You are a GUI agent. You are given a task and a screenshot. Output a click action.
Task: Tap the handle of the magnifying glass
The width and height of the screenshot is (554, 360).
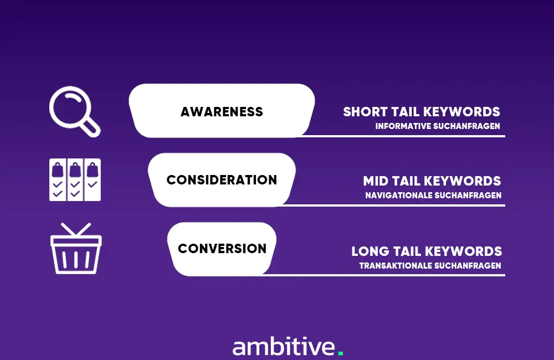(90, 127)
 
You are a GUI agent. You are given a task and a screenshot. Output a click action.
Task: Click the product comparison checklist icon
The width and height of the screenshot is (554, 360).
(75, 180)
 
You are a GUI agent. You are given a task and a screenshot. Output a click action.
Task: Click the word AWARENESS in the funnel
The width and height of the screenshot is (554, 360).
(222, 112)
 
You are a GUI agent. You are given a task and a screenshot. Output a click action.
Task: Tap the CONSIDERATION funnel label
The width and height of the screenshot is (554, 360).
(222, 180)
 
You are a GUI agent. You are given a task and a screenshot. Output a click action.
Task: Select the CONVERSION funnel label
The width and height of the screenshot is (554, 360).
(222, 248)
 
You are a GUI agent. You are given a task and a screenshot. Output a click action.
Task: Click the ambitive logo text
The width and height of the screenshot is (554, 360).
(284, 347)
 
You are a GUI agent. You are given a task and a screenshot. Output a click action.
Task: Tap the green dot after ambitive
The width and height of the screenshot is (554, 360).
(341, 353)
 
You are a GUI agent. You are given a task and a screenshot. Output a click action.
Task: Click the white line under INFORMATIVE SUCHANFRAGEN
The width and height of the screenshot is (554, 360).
(403, 136)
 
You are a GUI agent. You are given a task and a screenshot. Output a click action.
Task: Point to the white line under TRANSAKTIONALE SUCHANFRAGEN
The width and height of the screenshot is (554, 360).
(384, 275)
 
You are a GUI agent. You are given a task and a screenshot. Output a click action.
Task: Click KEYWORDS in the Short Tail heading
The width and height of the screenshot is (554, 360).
(461, 112)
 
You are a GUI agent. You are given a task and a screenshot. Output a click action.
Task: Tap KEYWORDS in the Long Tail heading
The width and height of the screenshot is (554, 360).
(463, 251)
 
